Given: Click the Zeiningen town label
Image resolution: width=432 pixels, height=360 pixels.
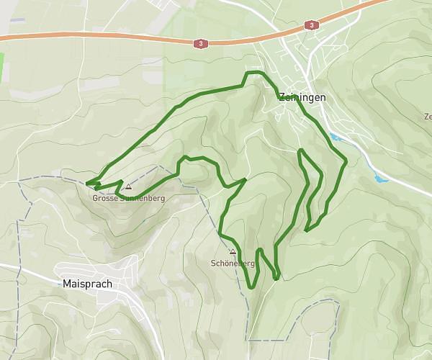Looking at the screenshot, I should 302,97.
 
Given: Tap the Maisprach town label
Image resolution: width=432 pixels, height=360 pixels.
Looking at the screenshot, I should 87,284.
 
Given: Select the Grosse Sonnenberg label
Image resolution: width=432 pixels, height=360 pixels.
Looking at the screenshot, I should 128,198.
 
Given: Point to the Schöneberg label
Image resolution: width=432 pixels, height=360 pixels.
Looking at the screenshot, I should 233,263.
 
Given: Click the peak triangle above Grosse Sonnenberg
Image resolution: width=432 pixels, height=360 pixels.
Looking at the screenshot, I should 128,186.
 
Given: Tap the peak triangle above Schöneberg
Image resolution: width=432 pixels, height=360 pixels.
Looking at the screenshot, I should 233,252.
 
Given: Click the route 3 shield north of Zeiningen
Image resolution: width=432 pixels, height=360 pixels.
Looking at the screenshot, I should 311,25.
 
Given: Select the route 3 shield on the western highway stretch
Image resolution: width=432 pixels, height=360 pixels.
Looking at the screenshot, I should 200,44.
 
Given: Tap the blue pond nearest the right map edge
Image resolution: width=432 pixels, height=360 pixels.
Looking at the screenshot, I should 380,177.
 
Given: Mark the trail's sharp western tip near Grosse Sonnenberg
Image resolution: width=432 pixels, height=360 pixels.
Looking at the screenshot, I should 86,183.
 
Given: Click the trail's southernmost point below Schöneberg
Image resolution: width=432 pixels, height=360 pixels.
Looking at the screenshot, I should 251,287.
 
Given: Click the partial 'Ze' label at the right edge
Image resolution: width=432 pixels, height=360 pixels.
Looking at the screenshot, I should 428,116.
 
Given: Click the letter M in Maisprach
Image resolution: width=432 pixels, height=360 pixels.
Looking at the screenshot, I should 67,284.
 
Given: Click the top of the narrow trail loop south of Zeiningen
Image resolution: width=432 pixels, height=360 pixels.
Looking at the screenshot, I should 300,150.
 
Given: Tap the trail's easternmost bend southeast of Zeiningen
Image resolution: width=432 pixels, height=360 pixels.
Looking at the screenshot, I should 346,160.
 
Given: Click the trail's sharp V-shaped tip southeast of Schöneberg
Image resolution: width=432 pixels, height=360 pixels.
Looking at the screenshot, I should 276,278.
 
